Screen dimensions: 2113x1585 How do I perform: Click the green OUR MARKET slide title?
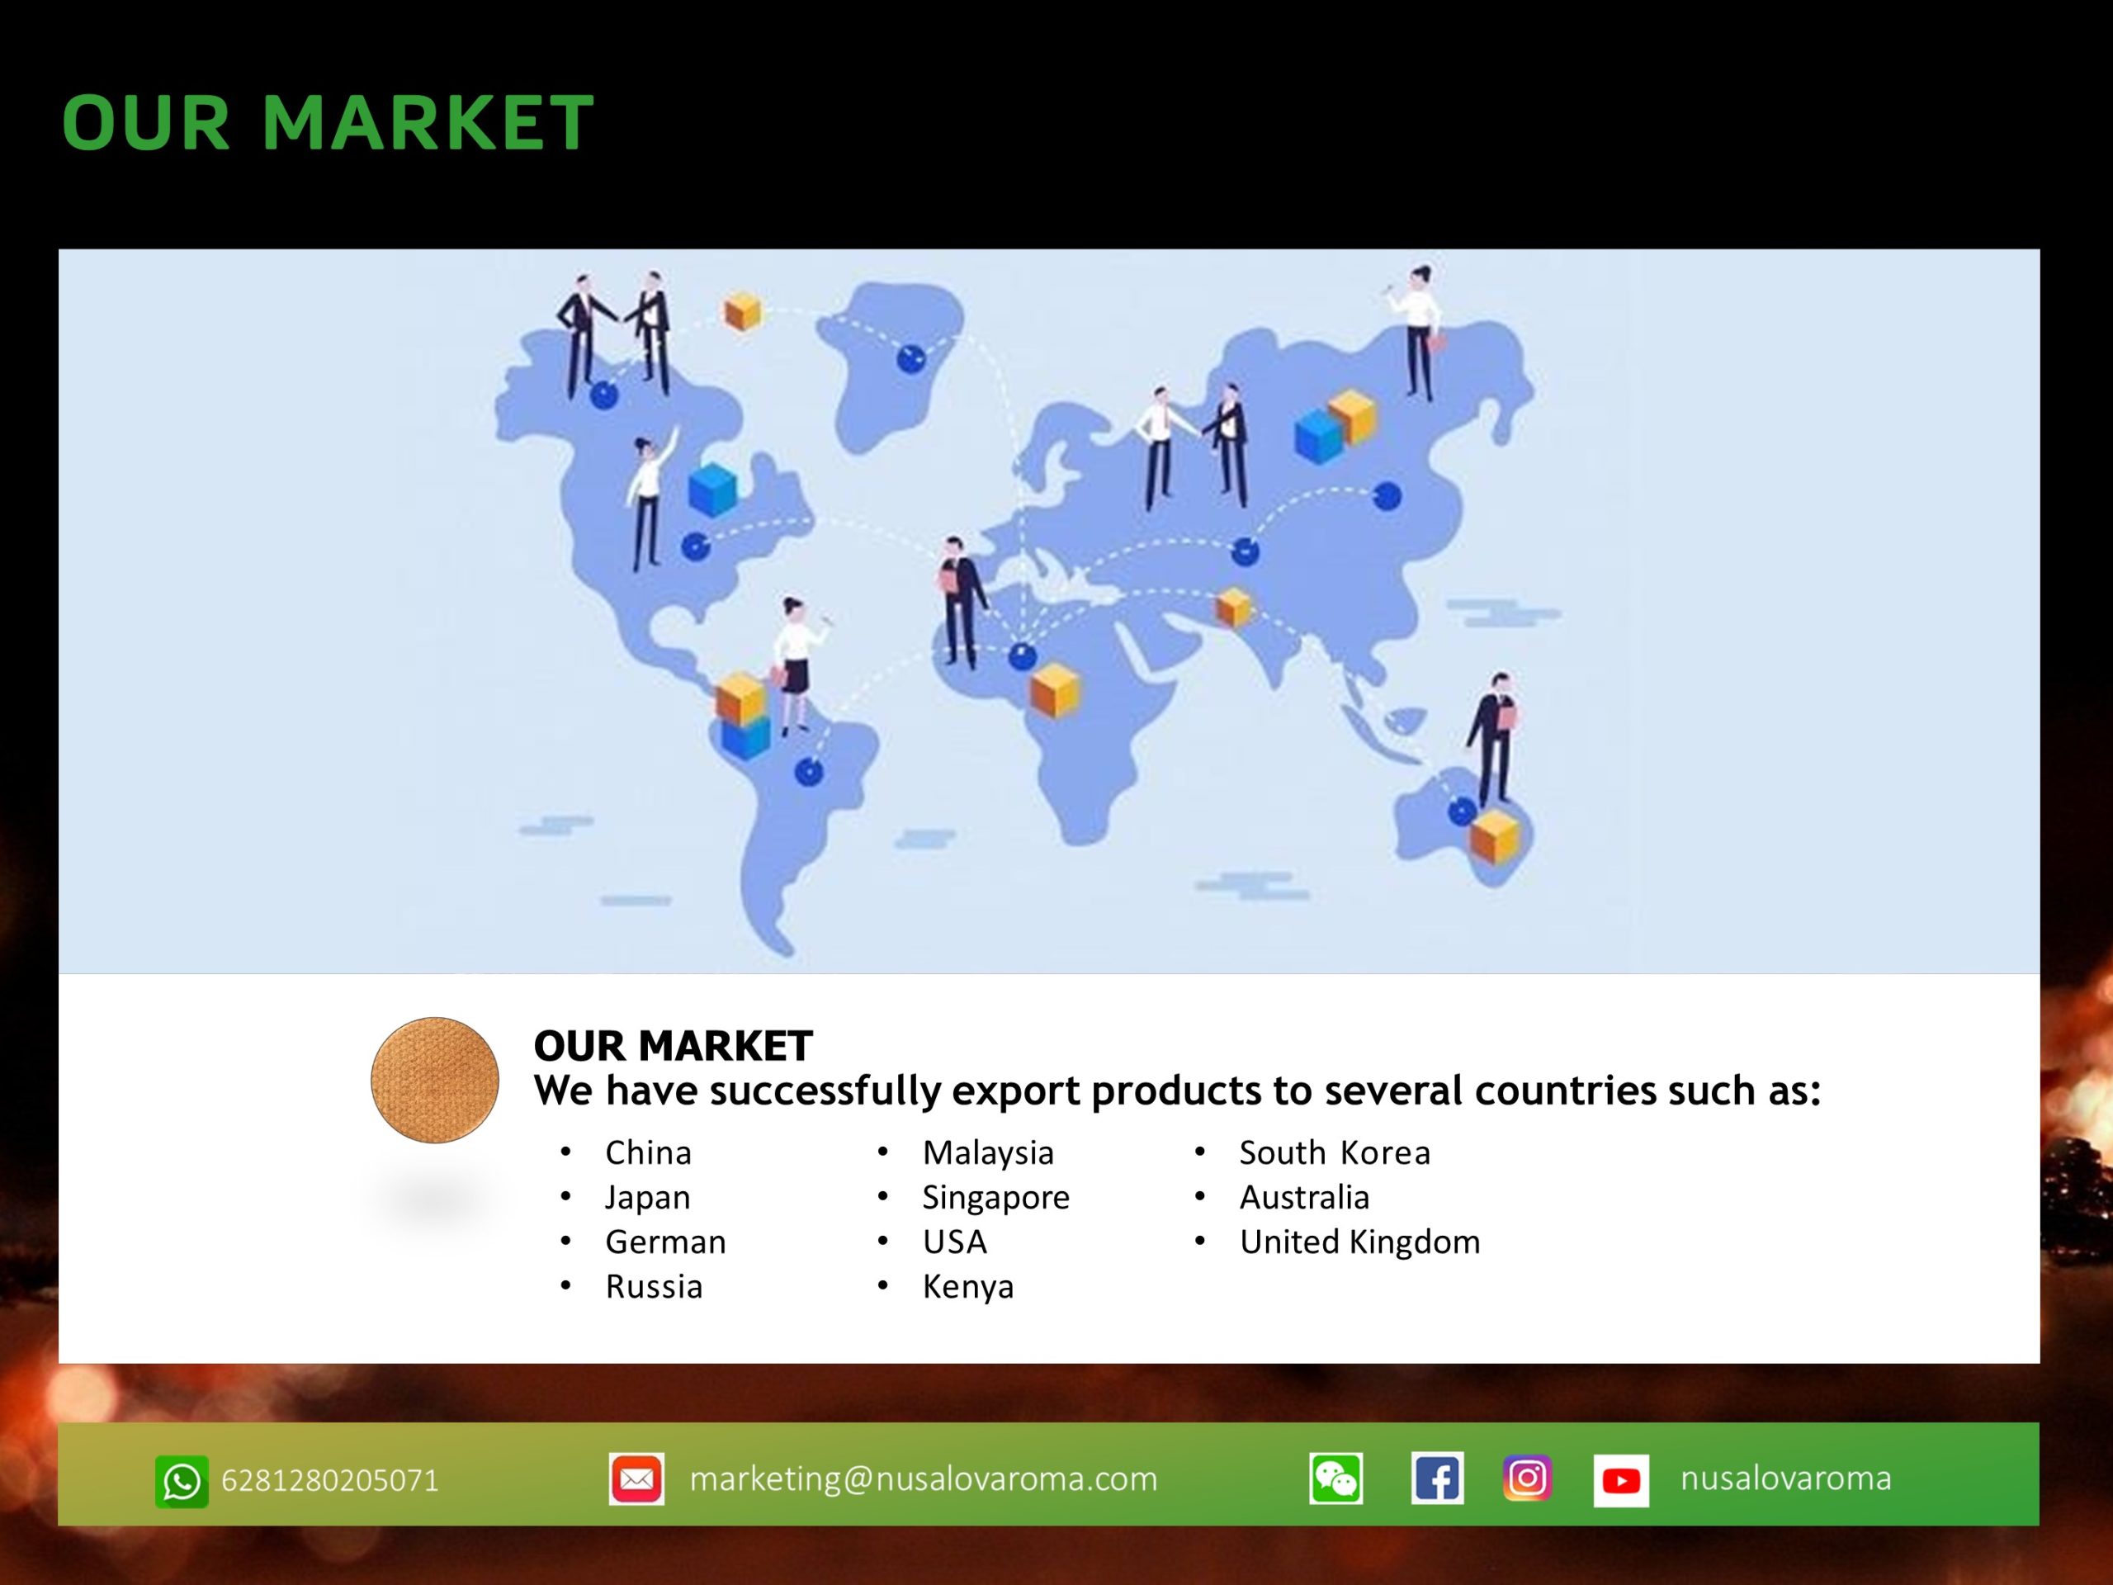click(x=328, y=122)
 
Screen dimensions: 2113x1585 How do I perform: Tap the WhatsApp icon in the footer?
click(x=182, y=1481)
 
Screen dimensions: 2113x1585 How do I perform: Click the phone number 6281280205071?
click(x=329, y=1480)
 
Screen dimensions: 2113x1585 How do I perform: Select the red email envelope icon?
click(x=636, y=1479)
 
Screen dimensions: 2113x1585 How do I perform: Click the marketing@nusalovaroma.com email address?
click(x=923, y=1479)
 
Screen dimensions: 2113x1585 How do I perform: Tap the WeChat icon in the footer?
click(x=1335, y=1479)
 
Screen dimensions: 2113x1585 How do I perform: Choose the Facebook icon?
click(x=1437, y=1479)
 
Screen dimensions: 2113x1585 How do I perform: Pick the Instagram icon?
click(x=1526, y=1478)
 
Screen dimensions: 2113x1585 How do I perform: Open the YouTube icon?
click(x=1620, y=1480)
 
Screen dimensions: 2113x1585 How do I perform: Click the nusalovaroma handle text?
click(x=1785, y=1478)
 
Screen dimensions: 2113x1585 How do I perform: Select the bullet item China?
click(x=648, y=1152)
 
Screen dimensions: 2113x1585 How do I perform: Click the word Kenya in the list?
click(x=967, y=1287)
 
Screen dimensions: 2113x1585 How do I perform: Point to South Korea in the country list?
click(x=1335, y=1152)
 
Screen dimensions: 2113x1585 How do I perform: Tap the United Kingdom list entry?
click(x=1359, y=1242)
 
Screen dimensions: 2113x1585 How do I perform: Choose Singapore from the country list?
click(x=995, y=1198)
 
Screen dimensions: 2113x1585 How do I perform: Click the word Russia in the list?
click(x=654, y=1287)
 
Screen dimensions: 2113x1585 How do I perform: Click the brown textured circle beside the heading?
click(x=435, y=1080)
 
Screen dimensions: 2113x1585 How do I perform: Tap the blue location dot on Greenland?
click(x=910, y=359)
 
